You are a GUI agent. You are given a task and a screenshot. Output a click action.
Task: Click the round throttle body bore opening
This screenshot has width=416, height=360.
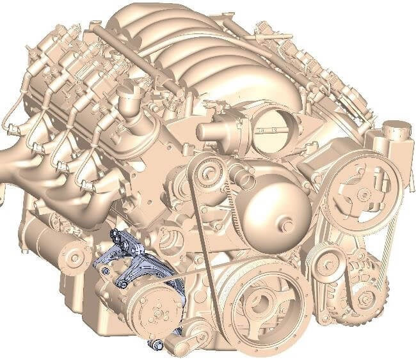coord(272,130)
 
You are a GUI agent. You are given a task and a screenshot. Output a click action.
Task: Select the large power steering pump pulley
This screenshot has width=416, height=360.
coord(362,189)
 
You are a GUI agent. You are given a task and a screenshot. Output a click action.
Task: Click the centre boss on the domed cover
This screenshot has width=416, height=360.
coord(289,225)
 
